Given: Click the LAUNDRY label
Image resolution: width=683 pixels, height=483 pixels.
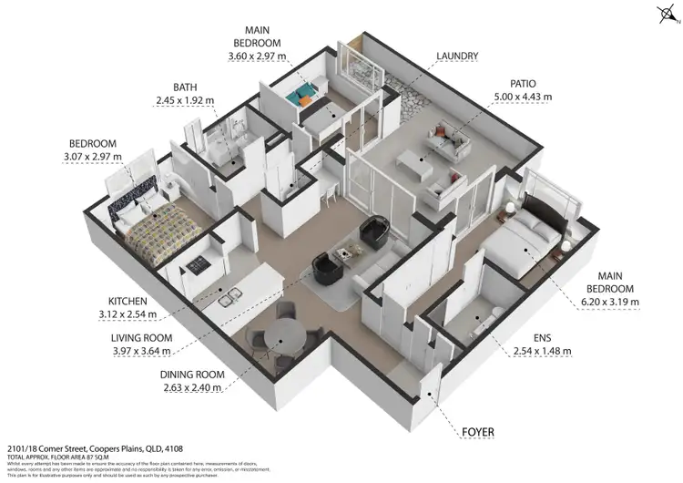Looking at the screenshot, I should (457, 57).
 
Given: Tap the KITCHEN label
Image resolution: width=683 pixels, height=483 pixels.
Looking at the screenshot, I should (129, 302).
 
